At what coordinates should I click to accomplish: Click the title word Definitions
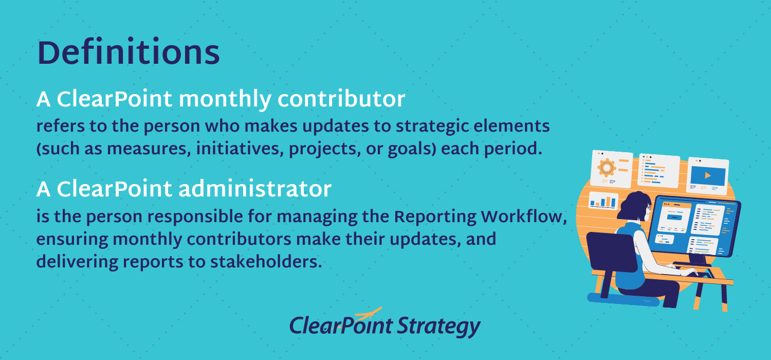point(128,54)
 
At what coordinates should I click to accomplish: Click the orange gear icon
point(608,167)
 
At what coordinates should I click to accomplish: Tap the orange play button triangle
point(708,175)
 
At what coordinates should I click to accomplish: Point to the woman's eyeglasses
point(649,207)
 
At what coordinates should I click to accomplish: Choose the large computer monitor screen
point(694,226)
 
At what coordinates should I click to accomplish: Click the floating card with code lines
point(658,169)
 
